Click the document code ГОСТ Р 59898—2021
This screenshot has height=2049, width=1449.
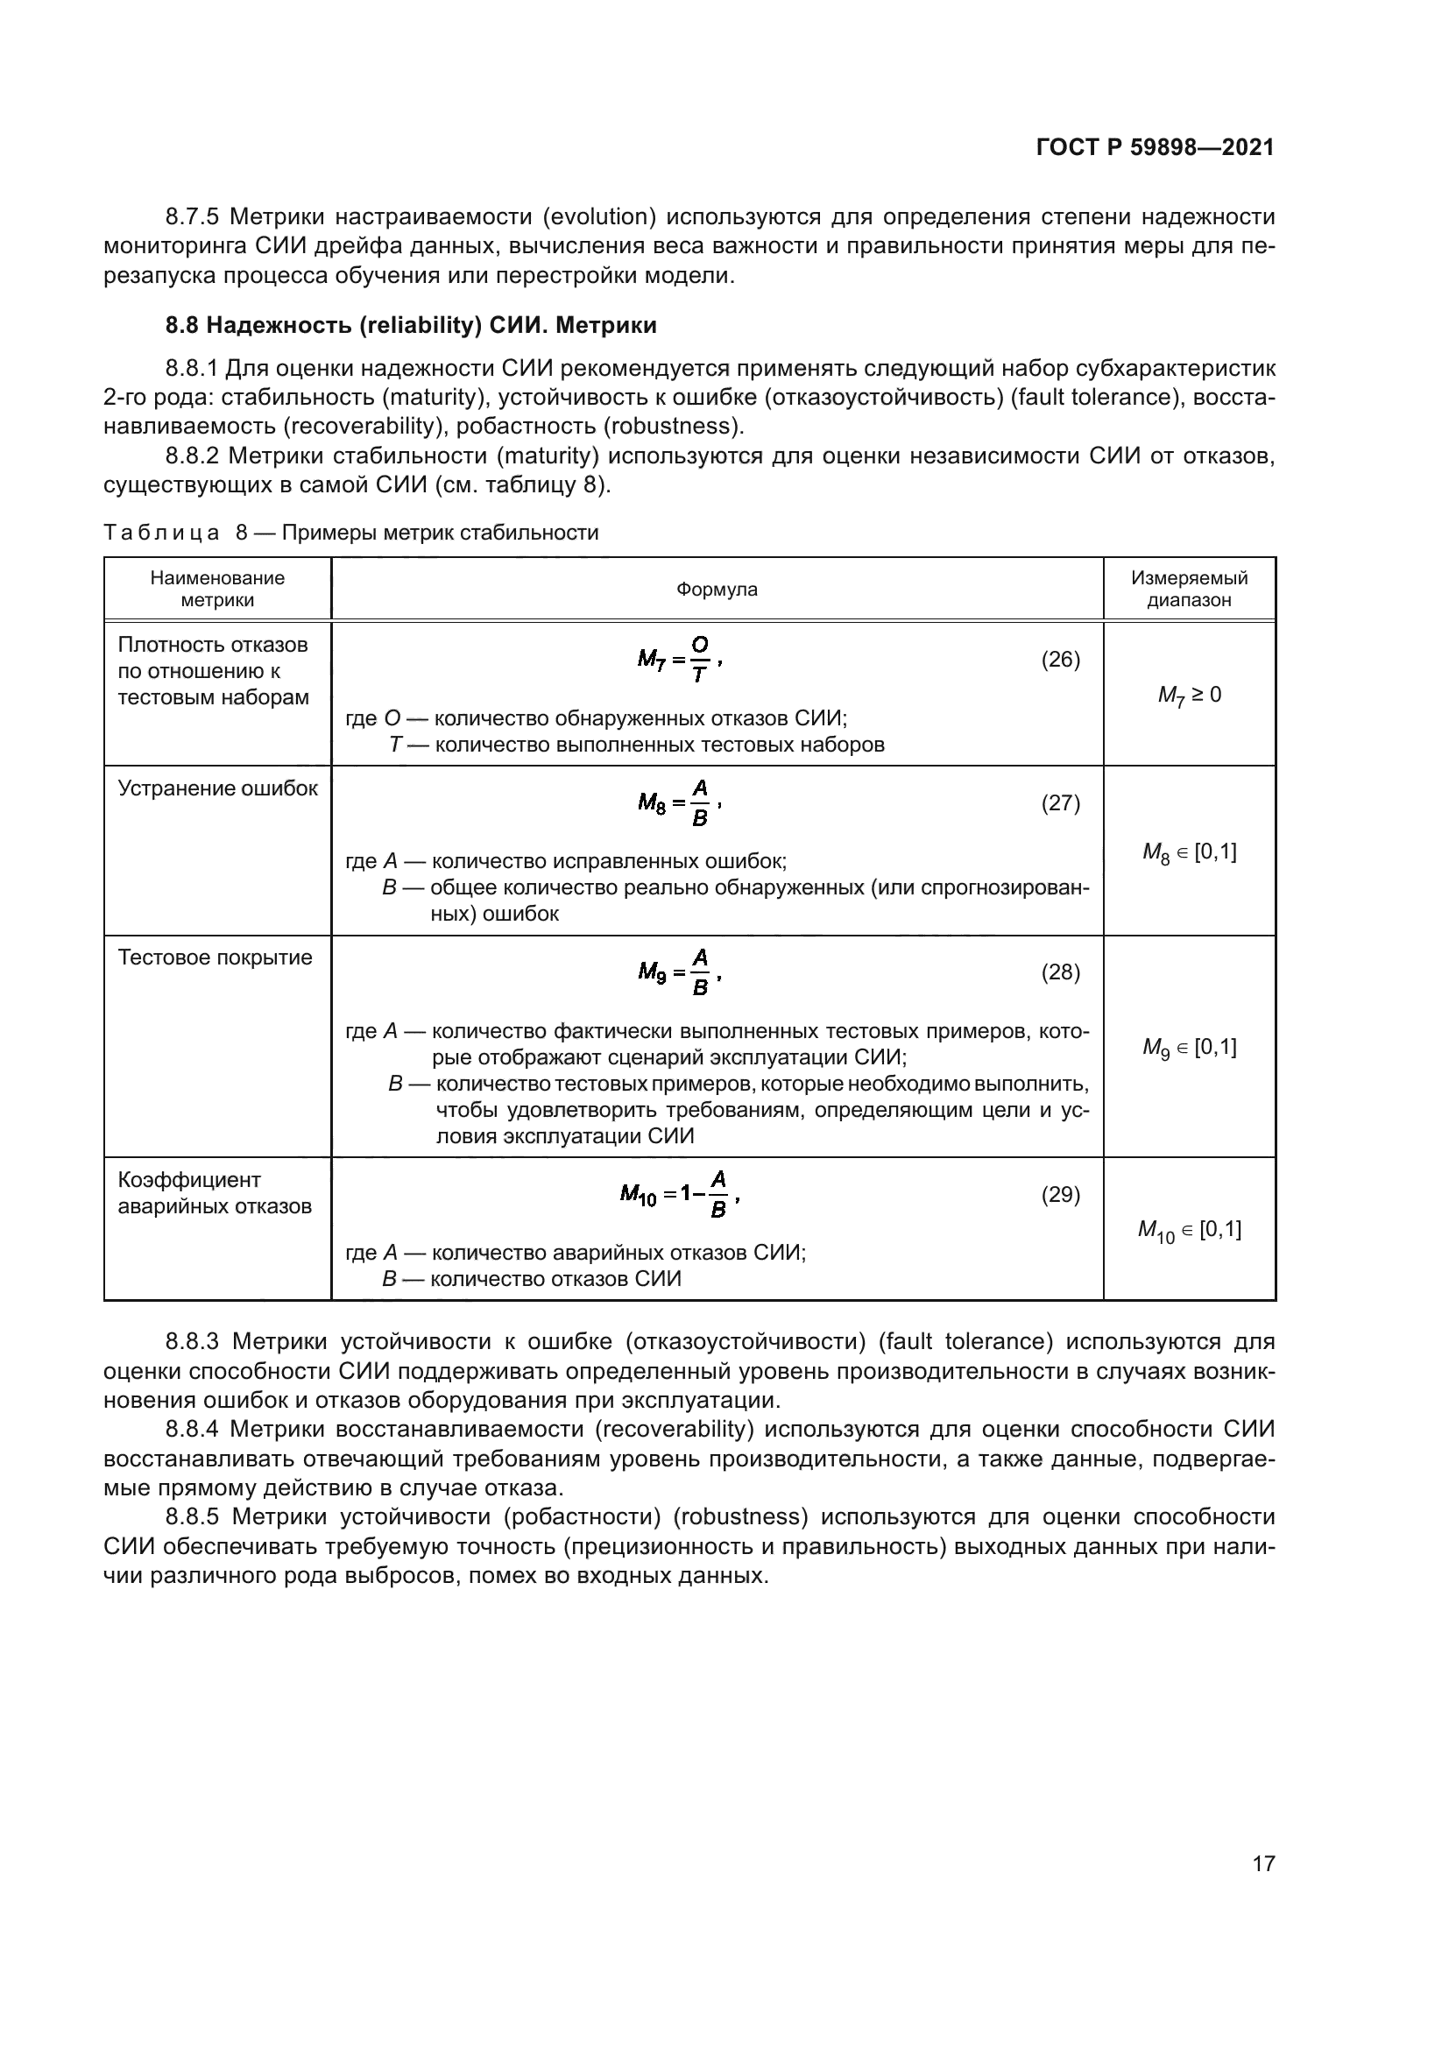(1155, 147)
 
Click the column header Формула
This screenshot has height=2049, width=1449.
(717, 589)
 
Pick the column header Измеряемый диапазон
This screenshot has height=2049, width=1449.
(1189, 589)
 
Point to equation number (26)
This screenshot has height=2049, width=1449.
(1060, 660)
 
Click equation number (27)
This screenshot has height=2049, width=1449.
(1060, 803)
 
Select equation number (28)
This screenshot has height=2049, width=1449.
(1060, 972)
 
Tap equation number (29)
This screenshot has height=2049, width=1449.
(1060, 1194)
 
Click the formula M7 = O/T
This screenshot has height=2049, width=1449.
(679, 661)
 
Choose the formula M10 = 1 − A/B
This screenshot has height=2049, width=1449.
(680, 1195)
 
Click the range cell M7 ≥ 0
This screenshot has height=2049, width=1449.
(1189, 695)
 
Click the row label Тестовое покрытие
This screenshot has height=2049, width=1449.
(215, 957)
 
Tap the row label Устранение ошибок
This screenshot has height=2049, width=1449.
(218, 789)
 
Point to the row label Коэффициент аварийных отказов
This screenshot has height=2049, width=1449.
(214, 1193)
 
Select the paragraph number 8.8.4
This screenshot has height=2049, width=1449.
(192, 1429)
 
